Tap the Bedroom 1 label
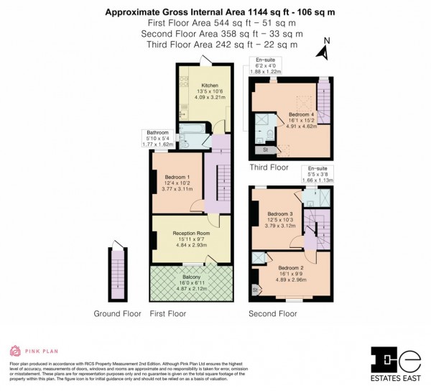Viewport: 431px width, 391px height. pyautogui.click(x=177, y=177)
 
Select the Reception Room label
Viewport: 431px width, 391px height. pyautogui.click(x=191, y=234)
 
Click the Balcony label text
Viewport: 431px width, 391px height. pyautogui.click(x=191, y=277)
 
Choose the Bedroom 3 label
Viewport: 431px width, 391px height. pyautogui.click(x=281, y=213)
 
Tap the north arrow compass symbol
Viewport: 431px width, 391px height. pyautogui.click(x=325, y=50)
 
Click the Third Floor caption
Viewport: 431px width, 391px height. pyautogui.click(x=269, y=167)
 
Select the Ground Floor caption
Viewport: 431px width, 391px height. pyautogui.click(x=118, y=314)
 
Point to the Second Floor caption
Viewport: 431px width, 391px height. pyautogui.click(x=272, y=314)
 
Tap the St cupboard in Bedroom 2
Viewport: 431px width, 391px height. pyautogui.click(x=255, y=289)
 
